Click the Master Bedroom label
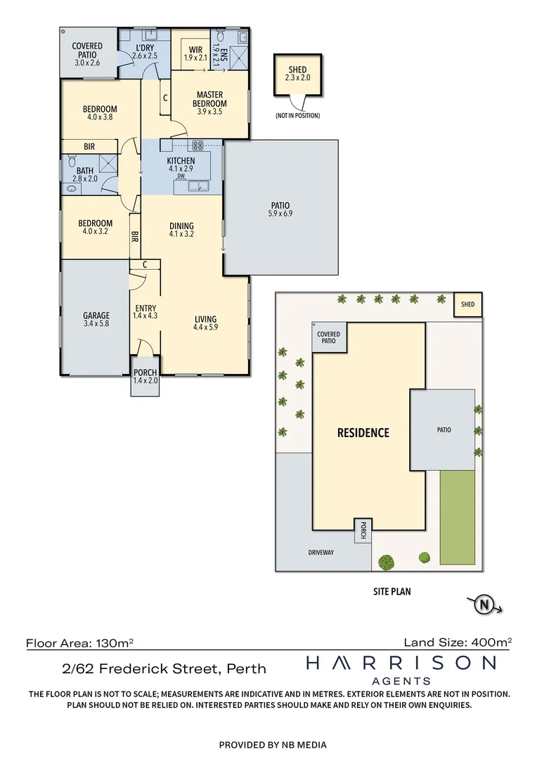(210, 99)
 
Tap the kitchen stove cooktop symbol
(198, 146)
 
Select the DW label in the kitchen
(181, 176)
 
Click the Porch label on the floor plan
(145, 372)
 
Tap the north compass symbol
(484, 604)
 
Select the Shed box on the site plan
(468, 304)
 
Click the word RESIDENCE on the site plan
(363, 432)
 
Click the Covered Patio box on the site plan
(328, 338)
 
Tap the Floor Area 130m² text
(79, 642)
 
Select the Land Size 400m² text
(457, 642)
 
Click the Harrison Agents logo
(401, 668)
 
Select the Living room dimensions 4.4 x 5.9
(205, 327)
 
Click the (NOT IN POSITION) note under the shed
(297, 115)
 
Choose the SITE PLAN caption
(392, 592)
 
